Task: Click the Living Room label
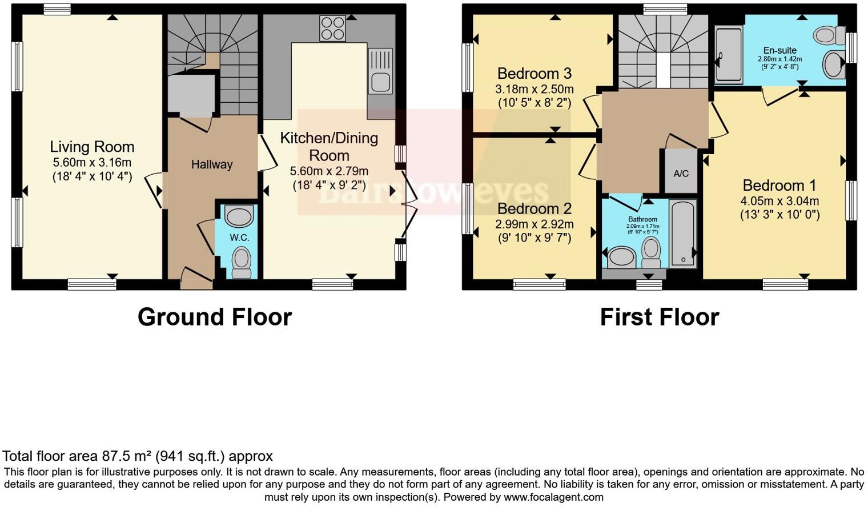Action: click(x=92, y=147)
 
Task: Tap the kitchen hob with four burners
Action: click(x=332, y=28)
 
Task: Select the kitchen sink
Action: click(x=380, y=71)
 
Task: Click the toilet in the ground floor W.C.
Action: click(x=242, y=261)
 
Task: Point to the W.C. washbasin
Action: click(x=239, y=217)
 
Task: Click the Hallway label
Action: click(x=212, y=164)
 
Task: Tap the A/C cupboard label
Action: click(x=681, y=174)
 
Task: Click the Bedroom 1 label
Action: click(x=779, y=186)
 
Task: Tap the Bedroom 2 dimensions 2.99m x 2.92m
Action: click(x=535, y=224)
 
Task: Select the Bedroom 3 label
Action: click(x=535, y=74)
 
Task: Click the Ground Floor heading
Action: click(x=215, y=317)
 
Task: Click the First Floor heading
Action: click(x=660, y=317)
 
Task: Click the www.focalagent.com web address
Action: click(x=553, y=497)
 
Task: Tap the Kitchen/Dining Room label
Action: click(x=329, y=146)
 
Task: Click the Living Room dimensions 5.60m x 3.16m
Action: click(x=92, y=162)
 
